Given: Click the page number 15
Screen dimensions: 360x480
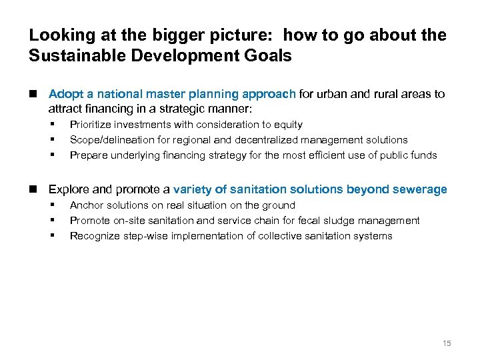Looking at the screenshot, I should coord(447,343).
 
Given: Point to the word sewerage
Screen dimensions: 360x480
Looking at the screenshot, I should coord(421,190).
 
